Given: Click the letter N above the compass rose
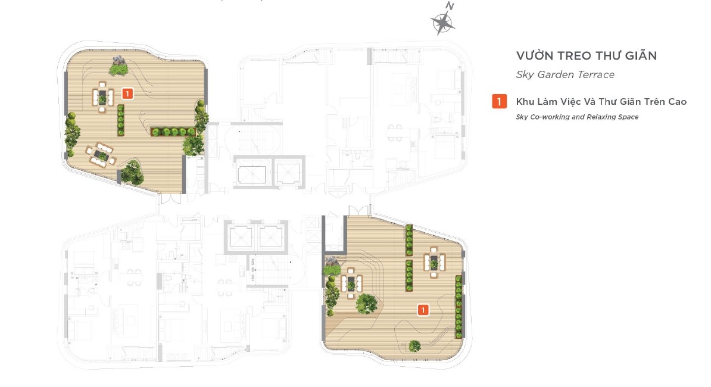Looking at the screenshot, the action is (x=450, y=6).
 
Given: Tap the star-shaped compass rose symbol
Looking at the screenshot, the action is (x=442, y=23).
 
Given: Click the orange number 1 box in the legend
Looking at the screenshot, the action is (x=499, y=101).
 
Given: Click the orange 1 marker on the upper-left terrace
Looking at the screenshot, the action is (x=127, y=94).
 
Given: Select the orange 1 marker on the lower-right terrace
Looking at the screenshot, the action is (x=423, y=310).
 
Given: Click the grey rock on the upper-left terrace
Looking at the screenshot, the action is (x=119, y=61).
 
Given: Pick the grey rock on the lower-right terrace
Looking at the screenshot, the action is (x=332, y=261).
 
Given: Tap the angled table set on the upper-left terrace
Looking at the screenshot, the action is (x=101, y=155).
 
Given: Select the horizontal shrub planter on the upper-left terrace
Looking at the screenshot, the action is (x=173, y=132).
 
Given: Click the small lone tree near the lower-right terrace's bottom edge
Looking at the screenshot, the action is (x=414, y=346).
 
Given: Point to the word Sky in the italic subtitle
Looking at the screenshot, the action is (x=525, y=75).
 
